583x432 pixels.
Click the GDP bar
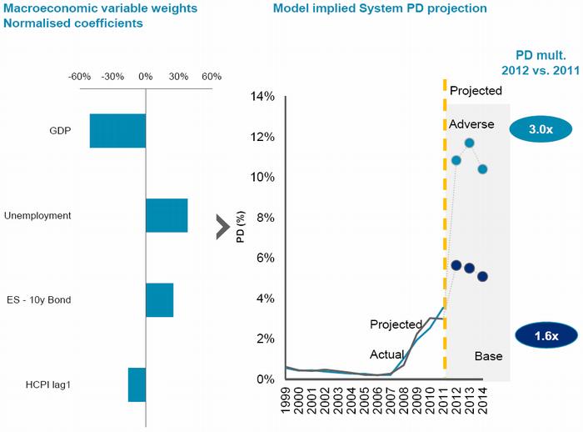point(117,131)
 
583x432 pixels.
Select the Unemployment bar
point(167,215)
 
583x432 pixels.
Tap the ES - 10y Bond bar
point(159,300)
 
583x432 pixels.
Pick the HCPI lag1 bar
point(137,384)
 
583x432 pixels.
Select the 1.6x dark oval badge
point(546,335)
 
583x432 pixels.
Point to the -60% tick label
point(80,77)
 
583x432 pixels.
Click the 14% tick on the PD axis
point(262,97)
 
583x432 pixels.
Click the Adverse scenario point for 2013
point(470,143)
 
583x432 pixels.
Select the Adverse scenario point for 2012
point(456,160)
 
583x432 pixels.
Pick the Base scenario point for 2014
point(483,276)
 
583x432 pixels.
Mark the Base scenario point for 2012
point(456,265)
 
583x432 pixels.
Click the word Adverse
point(471,125)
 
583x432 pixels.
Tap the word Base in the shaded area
point(488,356)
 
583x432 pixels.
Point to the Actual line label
point(387,354)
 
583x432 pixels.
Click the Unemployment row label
point(37,215)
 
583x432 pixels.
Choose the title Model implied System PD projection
point(380,8)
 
